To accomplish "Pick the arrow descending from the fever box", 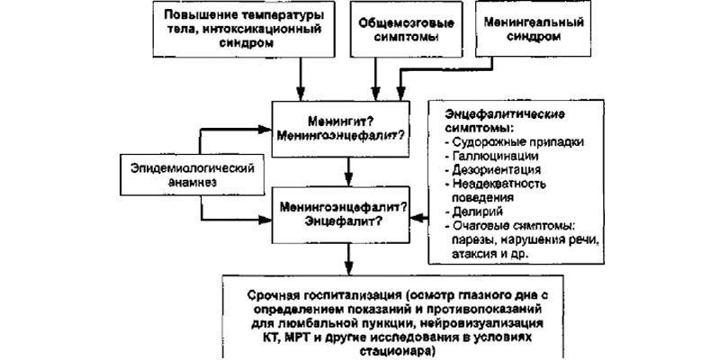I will click(x=302, y=76).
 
